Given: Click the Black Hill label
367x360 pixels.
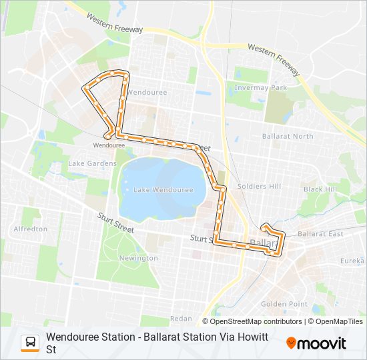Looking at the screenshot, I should point(320,189).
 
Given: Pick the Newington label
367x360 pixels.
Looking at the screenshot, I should point(138,258).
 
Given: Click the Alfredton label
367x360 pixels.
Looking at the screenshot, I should point(31,229).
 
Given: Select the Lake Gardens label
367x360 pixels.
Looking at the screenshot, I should point(92,163).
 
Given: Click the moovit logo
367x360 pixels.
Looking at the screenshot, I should point(316,343).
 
